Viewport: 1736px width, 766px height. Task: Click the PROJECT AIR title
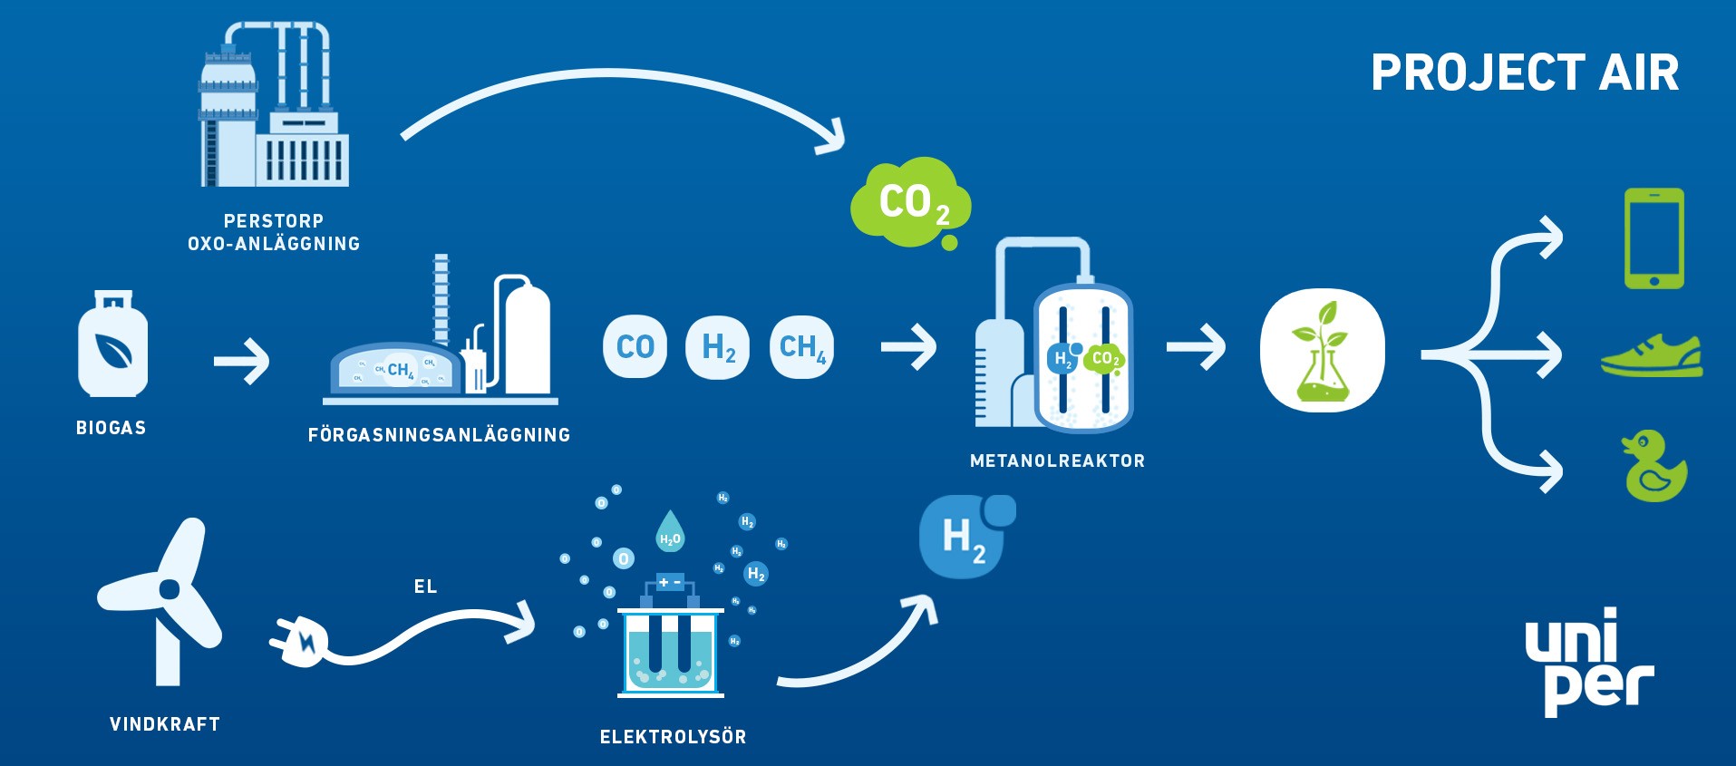[1525, 73]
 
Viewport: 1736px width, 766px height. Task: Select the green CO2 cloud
[910, 203]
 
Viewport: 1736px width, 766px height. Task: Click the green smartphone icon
[1654, 238]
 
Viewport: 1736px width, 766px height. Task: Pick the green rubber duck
[1654, 466]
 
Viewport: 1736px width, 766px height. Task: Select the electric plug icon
[299, 640]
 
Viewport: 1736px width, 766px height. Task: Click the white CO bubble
[635, 346]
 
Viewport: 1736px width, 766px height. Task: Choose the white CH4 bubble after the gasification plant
[801, 346]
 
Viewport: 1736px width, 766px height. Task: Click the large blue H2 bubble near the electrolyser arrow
[964, 537]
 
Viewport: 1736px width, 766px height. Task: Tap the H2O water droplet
[670, 532]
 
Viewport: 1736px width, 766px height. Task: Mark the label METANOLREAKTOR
[1057, 461]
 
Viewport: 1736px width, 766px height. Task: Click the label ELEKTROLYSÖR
[673, 737]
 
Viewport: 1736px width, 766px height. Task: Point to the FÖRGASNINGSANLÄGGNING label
[439, 435]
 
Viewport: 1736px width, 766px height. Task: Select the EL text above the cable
[425, 587]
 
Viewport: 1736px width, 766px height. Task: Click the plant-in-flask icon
[1322, 351]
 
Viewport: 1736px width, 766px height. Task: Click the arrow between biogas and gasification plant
[241, 362]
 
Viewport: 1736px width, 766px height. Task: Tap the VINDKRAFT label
[165, 724]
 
